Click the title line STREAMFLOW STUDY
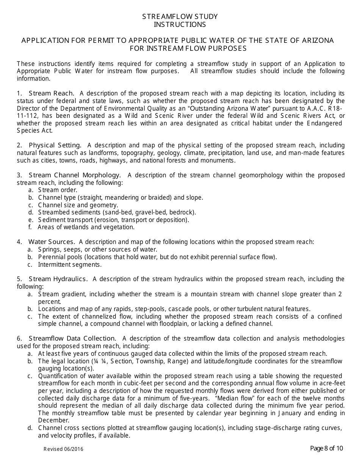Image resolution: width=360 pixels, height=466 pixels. [180, 17]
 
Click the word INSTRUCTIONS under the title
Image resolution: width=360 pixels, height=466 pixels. [180, 25]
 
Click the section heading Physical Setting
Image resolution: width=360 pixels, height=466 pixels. [55, 145]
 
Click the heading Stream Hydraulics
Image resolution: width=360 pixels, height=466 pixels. [58, 279]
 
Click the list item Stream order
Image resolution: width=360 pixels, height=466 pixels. [58, 190]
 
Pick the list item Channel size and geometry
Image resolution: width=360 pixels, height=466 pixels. [78, 205]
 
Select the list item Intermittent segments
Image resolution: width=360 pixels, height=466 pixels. [70, 264]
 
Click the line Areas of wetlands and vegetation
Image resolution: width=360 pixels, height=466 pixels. [86, 227]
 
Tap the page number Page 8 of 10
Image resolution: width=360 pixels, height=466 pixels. [326, 449]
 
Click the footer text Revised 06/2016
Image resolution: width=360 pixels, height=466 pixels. [63, 449]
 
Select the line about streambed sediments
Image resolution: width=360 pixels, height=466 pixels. [117, 212]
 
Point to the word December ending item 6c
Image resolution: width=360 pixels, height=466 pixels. [53, 421]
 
